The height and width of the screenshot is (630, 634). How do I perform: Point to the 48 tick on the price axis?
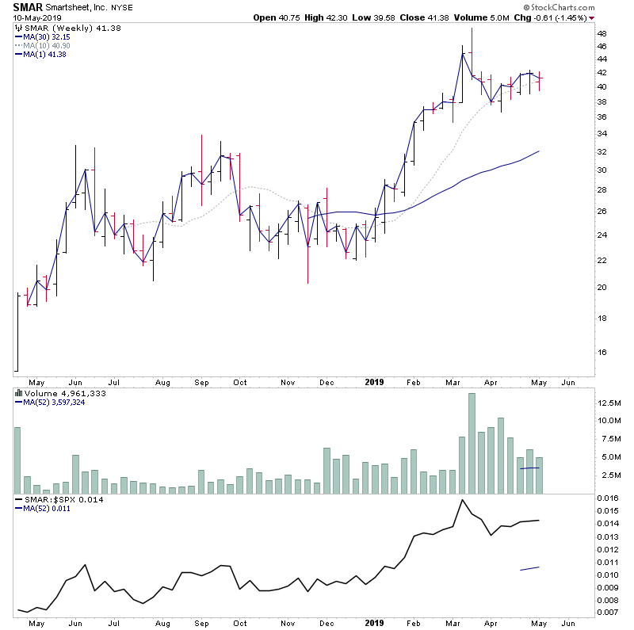pos(602,34)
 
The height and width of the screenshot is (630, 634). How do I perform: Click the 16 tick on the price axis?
pos(602,352)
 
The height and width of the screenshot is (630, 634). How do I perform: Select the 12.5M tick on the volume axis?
pos(609,403)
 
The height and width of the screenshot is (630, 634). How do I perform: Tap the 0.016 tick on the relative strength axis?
pos(608,497)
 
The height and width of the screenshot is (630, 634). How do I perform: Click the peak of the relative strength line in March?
pos(462,500)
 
